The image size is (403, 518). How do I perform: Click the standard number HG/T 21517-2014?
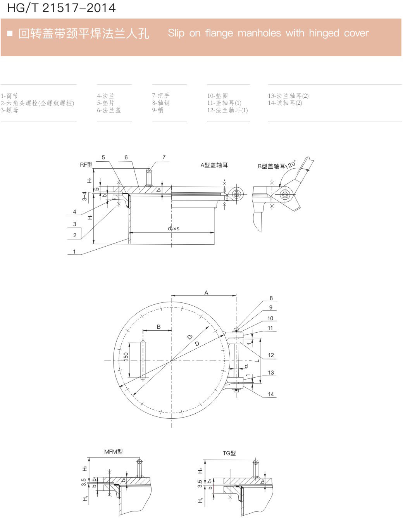[62, 8]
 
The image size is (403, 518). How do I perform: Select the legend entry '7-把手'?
[161, 96]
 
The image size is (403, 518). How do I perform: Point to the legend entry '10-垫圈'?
[217, 96]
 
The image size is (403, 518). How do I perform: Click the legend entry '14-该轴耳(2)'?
[285, 103]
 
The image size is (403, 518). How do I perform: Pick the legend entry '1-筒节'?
[9, 96]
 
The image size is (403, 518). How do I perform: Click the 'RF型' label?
[86, 165]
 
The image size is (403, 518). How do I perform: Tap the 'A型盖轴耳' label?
[214, 165]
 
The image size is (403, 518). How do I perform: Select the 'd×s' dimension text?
[173, 229]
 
